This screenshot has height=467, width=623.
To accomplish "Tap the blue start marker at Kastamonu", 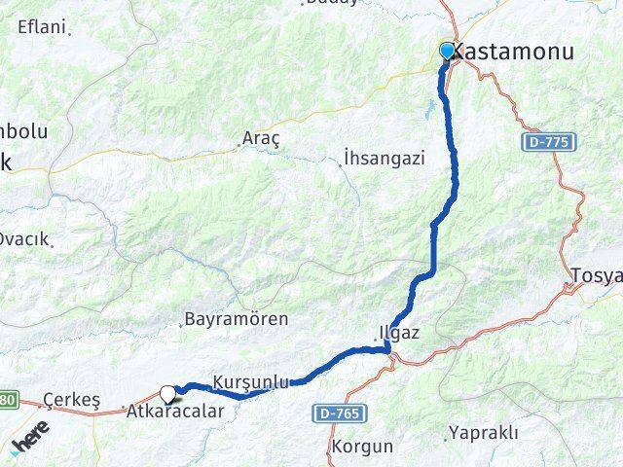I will (447, 51).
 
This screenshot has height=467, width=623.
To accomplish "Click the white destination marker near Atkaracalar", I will (169, 394).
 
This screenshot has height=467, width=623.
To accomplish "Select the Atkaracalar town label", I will (175, 412).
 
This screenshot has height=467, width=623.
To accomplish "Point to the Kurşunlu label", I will (250, 382).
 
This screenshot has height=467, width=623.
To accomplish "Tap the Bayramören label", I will (236, 318).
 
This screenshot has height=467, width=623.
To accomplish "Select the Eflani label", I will (42, 27).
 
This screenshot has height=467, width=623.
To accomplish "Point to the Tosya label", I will (597, 275).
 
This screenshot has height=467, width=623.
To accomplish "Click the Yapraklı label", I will (483, 433).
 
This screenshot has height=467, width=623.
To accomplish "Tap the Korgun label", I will (362, 448).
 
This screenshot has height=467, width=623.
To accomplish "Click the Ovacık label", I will (23, 239).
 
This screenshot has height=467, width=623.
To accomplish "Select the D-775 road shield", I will (550, 143).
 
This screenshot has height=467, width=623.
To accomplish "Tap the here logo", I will (29, 443).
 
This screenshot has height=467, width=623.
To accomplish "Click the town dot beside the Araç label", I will (240, 147).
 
